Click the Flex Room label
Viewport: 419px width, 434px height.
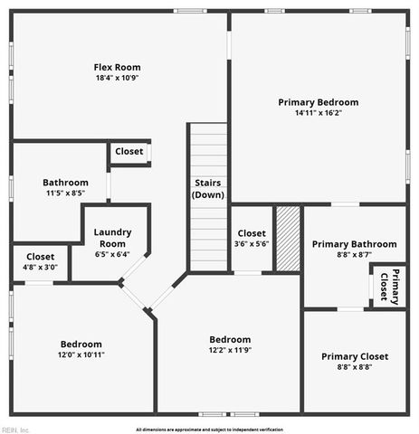pos(118,67)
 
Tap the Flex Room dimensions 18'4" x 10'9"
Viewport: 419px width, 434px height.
pos(118,78)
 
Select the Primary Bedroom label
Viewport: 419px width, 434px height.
pos(318,102)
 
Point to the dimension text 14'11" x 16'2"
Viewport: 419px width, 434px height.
pos(318,113)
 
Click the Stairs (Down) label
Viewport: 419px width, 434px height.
pos(208,188)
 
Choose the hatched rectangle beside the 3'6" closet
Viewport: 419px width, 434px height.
pos(287,239)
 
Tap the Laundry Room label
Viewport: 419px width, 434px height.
pos(112,238)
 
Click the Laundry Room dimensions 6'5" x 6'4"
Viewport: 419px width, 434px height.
pos(112,254)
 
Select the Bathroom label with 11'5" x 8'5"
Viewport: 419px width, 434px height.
pos(65,182)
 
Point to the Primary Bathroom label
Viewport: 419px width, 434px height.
pos(354,244)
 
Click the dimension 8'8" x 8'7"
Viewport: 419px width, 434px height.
pos(354,255)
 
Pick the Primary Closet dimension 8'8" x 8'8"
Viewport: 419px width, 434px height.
pos(353,367)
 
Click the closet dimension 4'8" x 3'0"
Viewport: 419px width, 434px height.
pos(40,268)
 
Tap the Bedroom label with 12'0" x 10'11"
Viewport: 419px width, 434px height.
pos(81,344)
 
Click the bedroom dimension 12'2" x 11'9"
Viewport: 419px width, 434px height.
pos(230,350)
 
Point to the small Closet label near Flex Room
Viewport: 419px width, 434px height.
pos(129,152)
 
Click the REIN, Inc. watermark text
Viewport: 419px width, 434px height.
pos(15,429)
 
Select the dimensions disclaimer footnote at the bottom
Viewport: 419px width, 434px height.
pos(209,429)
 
